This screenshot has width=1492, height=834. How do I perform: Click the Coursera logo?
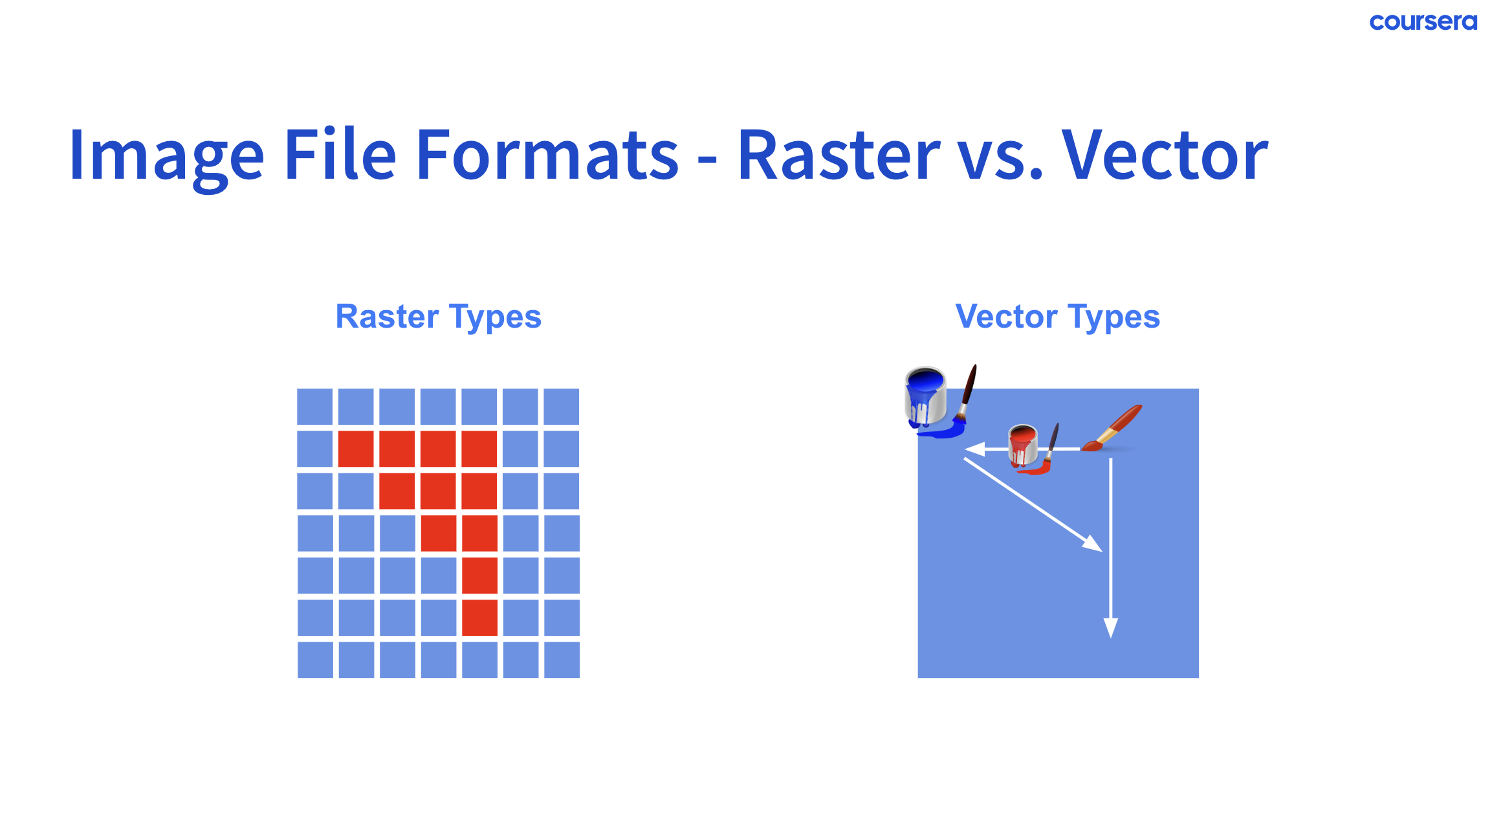[x=1423, y=22]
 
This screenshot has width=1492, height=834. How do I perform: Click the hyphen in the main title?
[x=708, y=159]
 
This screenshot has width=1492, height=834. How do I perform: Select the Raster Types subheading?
[x=438, y=317]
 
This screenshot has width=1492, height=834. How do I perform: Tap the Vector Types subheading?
[x=1058, y=317]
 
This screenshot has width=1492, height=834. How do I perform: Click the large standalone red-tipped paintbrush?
[x=1112, y=429]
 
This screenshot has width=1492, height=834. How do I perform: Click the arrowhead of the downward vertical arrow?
[x=1111, y=627]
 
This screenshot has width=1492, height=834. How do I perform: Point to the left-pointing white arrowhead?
[x=974, y=449]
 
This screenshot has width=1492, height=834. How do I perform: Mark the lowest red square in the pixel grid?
[x=479, y=617]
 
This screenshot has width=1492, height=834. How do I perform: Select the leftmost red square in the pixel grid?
[x=356, y=449]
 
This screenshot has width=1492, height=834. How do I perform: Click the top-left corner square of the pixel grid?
[x=315, y=407]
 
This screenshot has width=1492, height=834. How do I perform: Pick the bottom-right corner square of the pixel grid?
[x=562, y=660]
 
